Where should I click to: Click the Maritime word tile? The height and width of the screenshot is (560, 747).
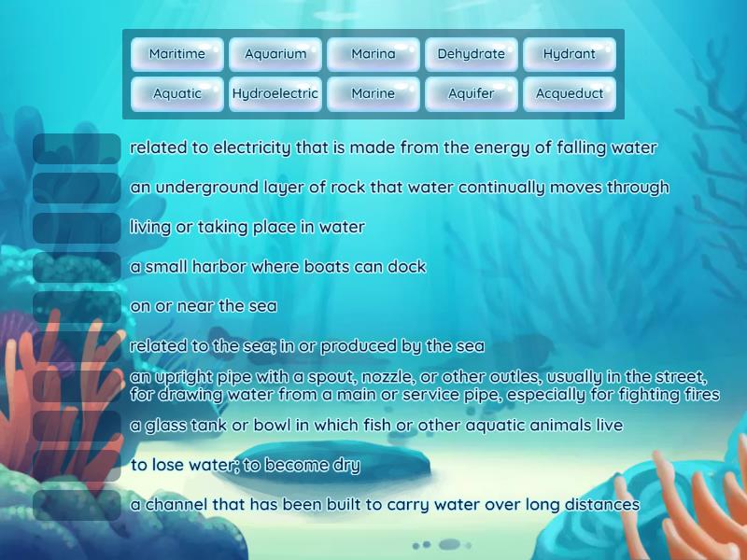(x=177, y=54)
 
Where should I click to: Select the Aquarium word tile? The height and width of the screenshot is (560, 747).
(x=275, y=54)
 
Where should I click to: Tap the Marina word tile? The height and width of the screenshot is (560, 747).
(x=373, y=54)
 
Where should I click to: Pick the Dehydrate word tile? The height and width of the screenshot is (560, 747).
(x=472, y=54)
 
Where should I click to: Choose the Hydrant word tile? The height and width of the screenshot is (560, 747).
(x=570, y=54)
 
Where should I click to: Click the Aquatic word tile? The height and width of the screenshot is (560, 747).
(x=177, y=93)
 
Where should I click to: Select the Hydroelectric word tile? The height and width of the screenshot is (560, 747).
(x=275, y=93)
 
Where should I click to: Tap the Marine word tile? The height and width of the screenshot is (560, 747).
(x=373, y=93)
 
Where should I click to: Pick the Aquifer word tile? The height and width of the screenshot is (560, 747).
(x=472, y=93)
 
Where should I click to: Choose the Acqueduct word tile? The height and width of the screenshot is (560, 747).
(x=570, y=93)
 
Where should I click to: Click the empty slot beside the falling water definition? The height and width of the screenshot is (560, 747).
(x=77, y=148)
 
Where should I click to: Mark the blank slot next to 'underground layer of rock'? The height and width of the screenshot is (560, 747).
(x=77, y=188)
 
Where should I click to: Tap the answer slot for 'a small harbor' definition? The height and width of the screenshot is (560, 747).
(x=77, y=267)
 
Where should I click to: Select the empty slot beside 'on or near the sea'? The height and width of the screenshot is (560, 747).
(x=77, y=306)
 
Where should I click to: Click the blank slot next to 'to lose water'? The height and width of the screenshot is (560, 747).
(x=77, y=465)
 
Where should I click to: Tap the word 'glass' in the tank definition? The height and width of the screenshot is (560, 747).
(x=164, y=426)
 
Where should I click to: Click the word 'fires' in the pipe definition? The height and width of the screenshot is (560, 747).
(x=699, y=395)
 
